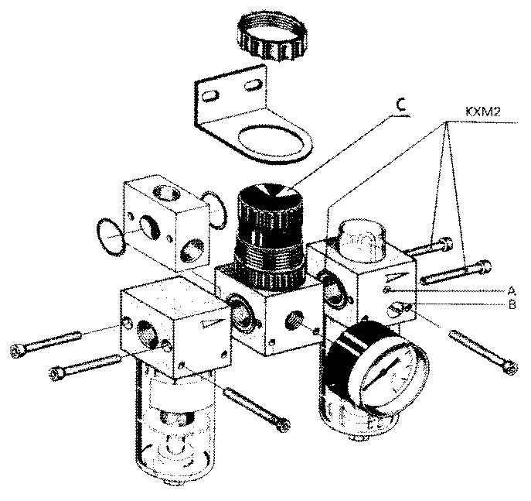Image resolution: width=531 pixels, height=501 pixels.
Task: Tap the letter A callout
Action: click(x=511, y=290)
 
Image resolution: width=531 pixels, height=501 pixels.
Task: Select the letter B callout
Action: click(x=511, y=304)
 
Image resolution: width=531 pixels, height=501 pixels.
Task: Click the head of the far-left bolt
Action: click(x=18, y=352)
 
